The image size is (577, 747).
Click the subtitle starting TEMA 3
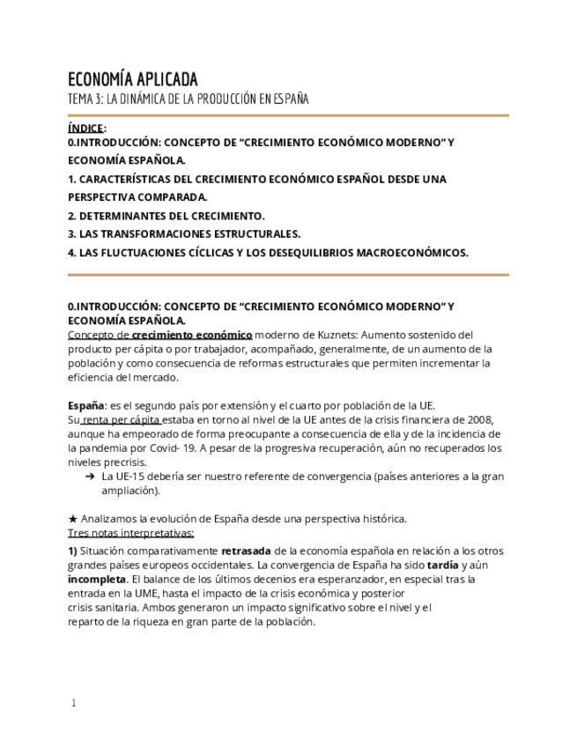coord(188,99)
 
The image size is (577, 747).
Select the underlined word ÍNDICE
coord(85,128)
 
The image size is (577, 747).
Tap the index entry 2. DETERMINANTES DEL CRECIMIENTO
coord(166,216)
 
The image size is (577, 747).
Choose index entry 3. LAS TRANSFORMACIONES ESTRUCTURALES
coord(184,234)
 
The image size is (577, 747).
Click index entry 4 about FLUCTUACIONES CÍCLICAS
coord(268,253)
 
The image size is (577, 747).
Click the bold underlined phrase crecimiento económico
coord(192,335)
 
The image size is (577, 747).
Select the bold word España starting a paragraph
coord(85,406)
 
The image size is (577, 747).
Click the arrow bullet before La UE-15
coord(90,477)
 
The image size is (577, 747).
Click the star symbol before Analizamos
coord(73,519)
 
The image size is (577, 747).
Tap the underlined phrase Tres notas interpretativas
coord(130,533)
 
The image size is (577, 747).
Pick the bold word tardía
coord(442,565)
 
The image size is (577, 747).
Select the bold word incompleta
coord(97,579)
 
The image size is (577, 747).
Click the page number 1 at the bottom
coord(74,703)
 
